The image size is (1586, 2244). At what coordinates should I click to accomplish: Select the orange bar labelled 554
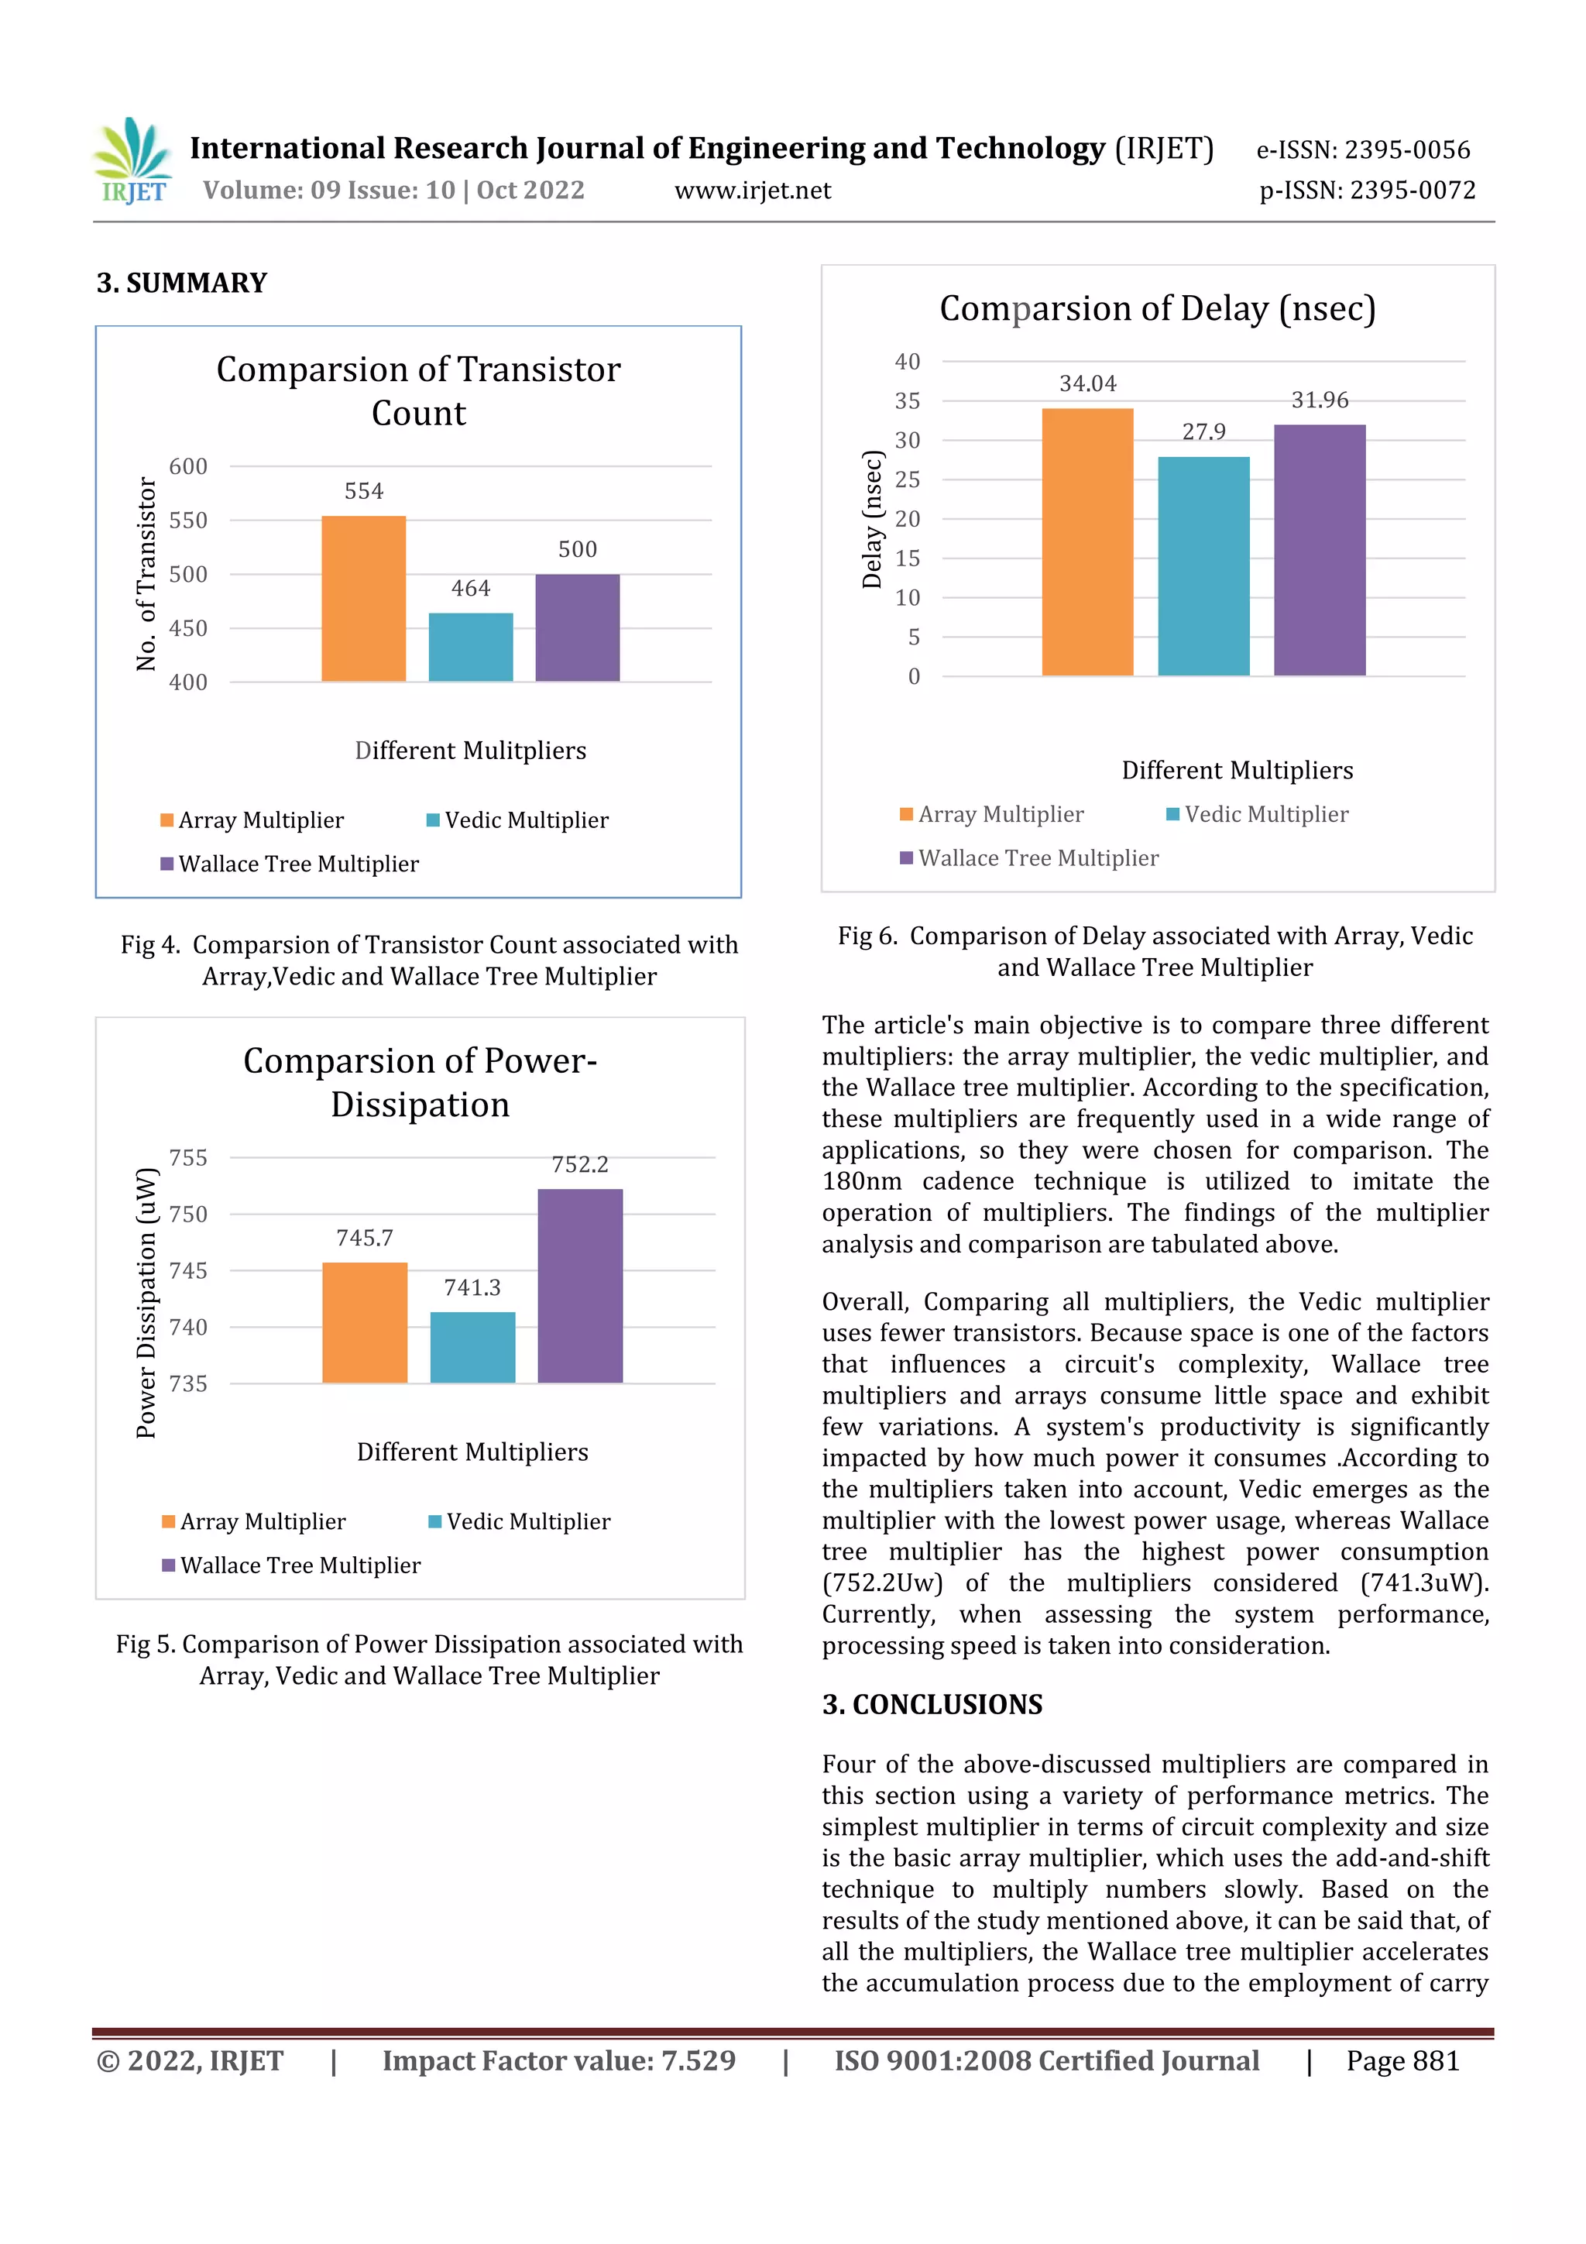pos(363,598)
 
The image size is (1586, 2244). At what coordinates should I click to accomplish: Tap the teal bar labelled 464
pos(470,647)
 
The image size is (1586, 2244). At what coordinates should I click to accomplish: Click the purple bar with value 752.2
pos(579,1285)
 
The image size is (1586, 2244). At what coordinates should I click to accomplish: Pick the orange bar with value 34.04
pos(1087,541)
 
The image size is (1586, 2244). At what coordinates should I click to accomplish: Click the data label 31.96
pos(1320,400)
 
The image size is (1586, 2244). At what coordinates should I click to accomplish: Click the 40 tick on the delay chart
pos(907,362)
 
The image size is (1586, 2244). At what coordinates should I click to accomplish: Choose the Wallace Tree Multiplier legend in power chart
pos(290,1565)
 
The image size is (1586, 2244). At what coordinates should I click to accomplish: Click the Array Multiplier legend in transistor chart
pos(252,820)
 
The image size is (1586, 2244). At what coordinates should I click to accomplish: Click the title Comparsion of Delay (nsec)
pos(1157,309)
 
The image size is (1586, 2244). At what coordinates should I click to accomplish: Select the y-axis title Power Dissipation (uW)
pos(146,1302)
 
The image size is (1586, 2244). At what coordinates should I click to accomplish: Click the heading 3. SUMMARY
pos(182,284)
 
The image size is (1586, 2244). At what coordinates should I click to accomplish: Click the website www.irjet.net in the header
pos(753,191)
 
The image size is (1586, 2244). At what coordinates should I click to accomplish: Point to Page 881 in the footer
pos(1402,2061)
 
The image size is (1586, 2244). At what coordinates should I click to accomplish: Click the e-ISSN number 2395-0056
pos(1406,149)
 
